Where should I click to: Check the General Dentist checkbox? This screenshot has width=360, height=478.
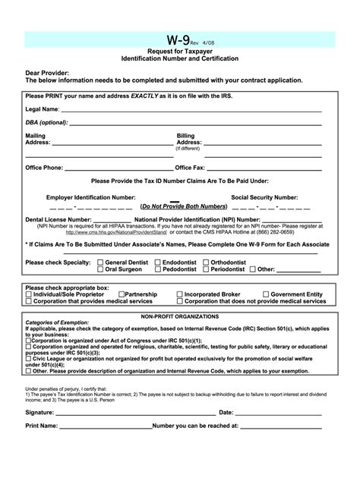coord(100,261)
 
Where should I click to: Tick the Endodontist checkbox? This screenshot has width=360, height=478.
coord(157,261)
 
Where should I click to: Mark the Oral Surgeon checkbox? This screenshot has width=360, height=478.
coord(100,269)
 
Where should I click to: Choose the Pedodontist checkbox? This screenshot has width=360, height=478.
coord(157,269)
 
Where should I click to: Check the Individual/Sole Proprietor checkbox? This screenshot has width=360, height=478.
coord(29,294)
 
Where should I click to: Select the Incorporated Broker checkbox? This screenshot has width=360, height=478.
coord(179,294)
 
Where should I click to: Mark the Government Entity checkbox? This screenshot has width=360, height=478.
coord(265,294)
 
